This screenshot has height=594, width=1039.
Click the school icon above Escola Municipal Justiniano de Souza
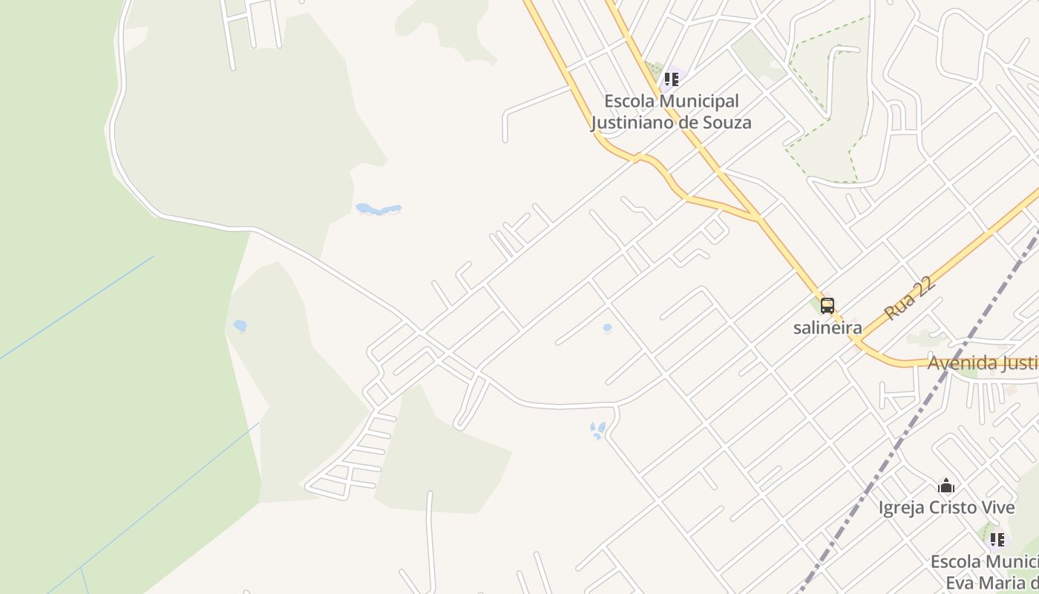click(672, 79)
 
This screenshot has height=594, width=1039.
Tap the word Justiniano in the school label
click(635, 123)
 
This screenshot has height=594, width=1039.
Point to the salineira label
click(827, 327)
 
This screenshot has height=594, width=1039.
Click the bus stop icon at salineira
click(827, 305)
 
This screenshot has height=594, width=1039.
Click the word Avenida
click(960, 364)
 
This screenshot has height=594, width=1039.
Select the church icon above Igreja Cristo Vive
click(946, 486)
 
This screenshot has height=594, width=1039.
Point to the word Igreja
click(900, 508)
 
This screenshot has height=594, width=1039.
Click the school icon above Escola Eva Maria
click(997, 539)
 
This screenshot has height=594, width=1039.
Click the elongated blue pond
click(378, 209)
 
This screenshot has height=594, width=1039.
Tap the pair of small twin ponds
click(597, 430)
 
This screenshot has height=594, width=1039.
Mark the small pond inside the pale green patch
click(240, 325)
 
